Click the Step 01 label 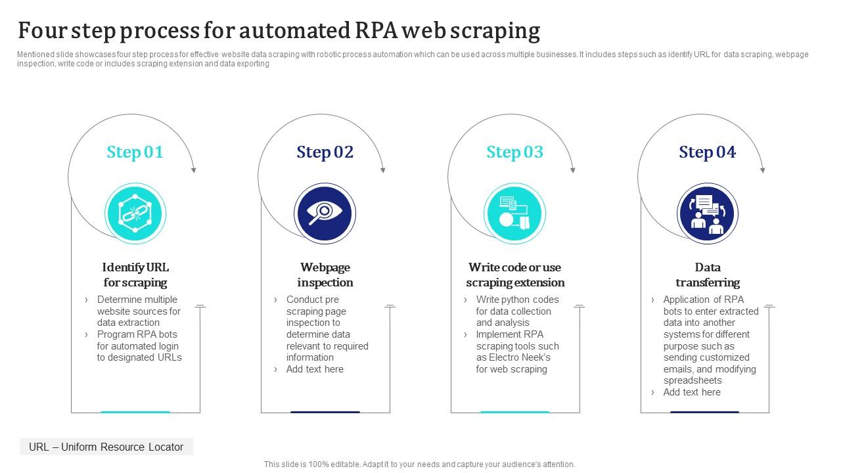(x=135, y=152)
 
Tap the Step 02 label (x=325, y=152)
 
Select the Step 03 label (x=514, y=152)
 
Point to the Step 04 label (x=707, y=152)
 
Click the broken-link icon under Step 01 (x=135, y=214)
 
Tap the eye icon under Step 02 (x=325, y=214)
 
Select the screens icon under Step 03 (x=514, y=214)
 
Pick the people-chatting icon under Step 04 (x=708, y=214)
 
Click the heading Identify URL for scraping (x=135, y=275)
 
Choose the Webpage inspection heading (x=325, y=275)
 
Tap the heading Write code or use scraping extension (x=515, y=275)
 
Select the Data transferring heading (x=708, y=275)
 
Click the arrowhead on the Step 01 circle (x=193, y=170)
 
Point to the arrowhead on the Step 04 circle (x=763, y=170)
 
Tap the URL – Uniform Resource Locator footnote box (x=106, y=447)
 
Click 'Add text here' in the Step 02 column (x=315, y=369)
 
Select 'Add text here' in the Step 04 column (x=692, y=392)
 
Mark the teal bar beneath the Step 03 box (x=514, y=412)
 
